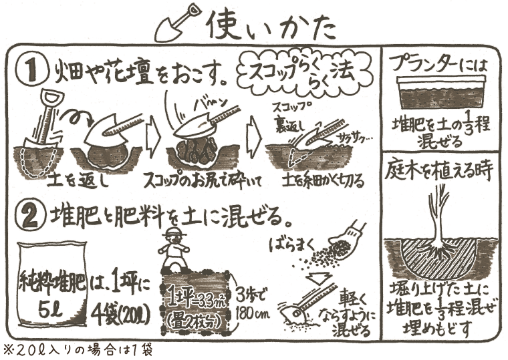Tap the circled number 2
(33, 216)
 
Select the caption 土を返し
(78, 182)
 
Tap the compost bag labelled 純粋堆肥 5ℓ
(53, 285)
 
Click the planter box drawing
(441, 93)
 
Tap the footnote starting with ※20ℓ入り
(77, 351)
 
